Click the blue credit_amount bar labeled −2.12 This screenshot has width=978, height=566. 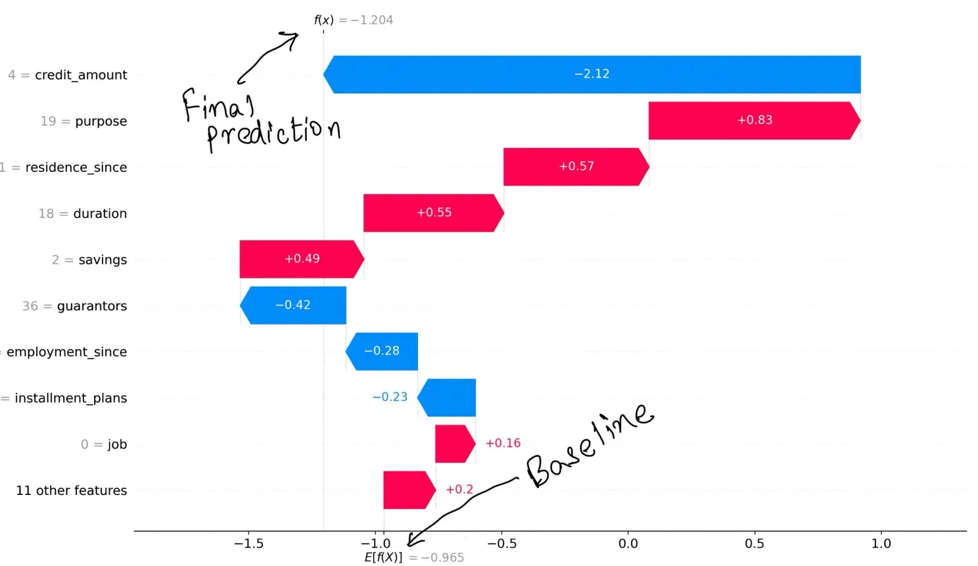pos(592,74)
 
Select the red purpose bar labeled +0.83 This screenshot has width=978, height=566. pos(754,120)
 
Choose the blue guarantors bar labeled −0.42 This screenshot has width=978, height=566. pos(293,305)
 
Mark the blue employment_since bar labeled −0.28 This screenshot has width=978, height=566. pos(382,351)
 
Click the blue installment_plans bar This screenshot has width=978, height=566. pos(448,398)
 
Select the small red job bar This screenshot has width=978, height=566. pos(454,444)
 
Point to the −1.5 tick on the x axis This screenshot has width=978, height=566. pos(248,544)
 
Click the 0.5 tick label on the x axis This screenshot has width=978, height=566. pos(755,544)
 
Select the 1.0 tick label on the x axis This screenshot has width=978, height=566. pos(881,544)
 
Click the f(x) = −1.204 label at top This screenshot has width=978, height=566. pos(354,20)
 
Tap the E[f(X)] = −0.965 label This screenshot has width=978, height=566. pos(414,557)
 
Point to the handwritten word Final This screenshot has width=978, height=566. pos(219,105)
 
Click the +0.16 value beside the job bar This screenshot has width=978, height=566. pos(503,444)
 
